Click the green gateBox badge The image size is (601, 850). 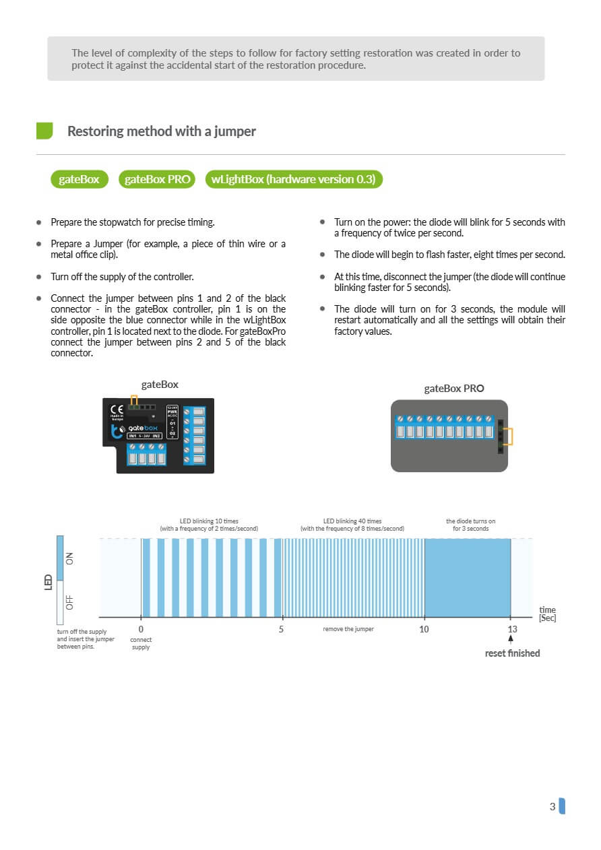(x=80, y=179)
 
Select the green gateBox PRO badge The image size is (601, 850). (x=158, y=179)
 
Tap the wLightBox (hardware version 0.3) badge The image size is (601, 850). (x=293, y=179)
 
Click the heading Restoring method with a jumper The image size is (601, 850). (x=161, y=131)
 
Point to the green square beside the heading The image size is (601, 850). (x=44, y=131)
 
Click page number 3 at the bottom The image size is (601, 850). (x=552, y=806)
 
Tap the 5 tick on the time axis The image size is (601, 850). (x=282, y=629)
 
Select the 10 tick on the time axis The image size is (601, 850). (x=424, y=629)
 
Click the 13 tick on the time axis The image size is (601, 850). (x=512, y=629)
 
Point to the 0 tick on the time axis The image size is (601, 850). (x=141, y=629)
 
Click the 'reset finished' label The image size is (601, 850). (x=512, y=653)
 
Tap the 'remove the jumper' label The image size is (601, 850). (x=348, y=629)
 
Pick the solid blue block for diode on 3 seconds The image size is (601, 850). (x=467, y=577)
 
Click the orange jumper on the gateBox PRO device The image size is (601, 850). (x=507, y=437)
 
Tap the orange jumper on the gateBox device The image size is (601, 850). (x=135, y=401)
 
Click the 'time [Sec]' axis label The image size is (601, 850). (x=547, y=614)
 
